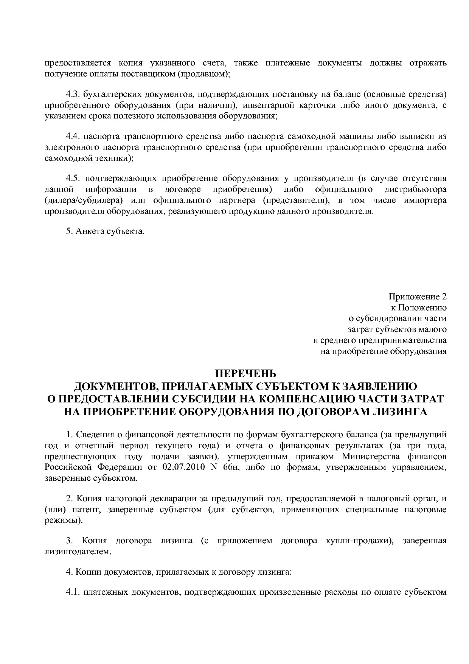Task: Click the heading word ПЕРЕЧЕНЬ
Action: (x=245, y=374)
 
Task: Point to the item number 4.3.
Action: (x=73, y=94)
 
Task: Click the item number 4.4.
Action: (x=73, y=136)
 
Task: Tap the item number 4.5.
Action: (x=73, y=178)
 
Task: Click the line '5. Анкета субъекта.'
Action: (x=105, y=231)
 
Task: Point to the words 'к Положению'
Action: (x=418, y=307)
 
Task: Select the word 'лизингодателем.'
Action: (x=78, y=552)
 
